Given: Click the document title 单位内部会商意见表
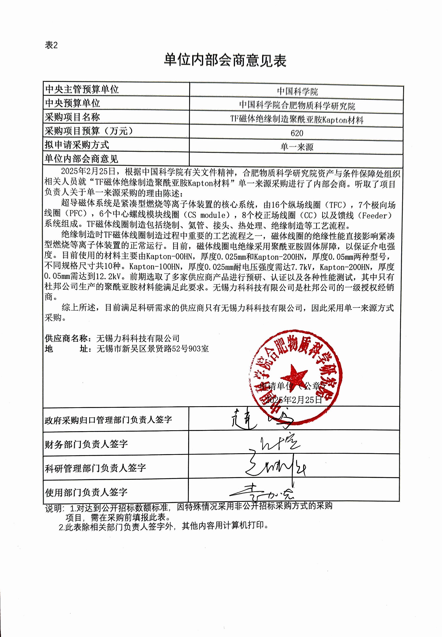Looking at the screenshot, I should point(225,61).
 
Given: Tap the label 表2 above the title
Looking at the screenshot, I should point(51,45).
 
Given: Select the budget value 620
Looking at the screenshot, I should point(297,133).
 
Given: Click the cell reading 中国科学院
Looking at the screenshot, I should point(297,92).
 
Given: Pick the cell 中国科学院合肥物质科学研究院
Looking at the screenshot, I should point(297,106).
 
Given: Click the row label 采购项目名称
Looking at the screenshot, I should point(72,117).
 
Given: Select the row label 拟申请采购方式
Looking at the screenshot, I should point(77,145).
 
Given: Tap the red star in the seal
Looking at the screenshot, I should point(294,375).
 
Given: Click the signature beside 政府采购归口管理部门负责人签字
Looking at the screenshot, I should point(260,419).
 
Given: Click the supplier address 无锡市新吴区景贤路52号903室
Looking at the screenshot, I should point(153,349).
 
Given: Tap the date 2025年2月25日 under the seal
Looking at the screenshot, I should point(294,399).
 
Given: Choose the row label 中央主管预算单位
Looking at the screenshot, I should point(82,90).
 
